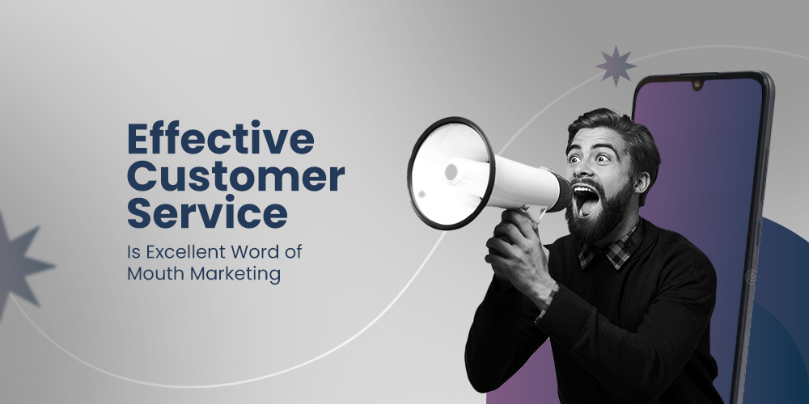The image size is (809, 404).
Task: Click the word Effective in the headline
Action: (219, 140)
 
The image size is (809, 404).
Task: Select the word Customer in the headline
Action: (235, 176)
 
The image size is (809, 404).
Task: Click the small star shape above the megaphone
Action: (616, 65)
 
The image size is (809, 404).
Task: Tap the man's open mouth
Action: (586, 199)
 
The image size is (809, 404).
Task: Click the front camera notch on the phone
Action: (697, 83)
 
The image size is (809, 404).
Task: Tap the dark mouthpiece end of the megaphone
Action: (559, 193)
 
